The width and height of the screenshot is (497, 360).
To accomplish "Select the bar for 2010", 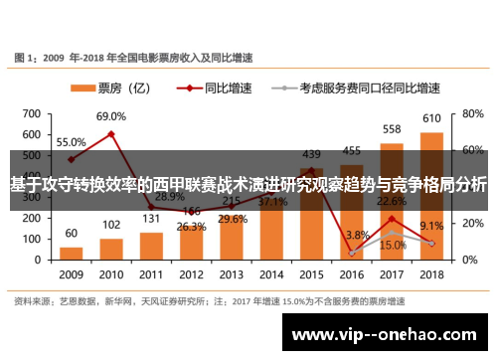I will (111, 248).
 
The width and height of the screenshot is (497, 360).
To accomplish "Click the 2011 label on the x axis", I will (151, 273).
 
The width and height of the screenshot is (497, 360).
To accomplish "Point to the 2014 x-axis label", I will (271, 273).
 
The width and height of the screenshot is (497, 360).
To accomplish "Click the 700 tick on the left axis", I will (31, 109).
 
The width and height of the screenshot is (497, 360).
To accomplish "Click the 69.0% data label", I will (111, 117).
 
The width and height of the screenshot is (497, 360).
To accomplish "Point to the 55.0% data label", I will (71, 142).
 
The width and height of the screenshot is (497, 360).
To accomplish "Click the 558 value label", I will (392, 129).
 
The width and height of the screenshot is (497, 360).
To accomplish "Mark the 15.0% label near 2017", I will (393, 245).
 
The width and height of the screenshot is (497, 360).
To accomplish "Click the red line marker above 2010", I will (111, 133).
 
